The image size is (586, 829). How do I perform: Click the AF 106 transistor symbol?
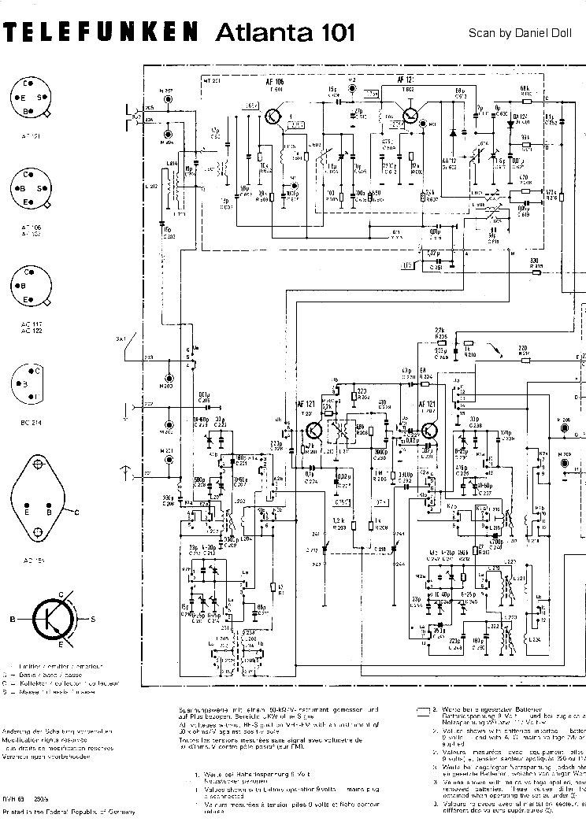[x=273, y=117]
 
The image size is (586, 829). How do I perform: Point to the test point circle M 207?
[x=166, y=100]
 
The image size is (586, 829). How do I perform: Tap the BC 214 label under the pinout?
[x=32, y=423]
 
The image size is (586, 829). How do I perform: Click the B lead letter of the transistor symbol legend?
[x=13, y=620]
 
